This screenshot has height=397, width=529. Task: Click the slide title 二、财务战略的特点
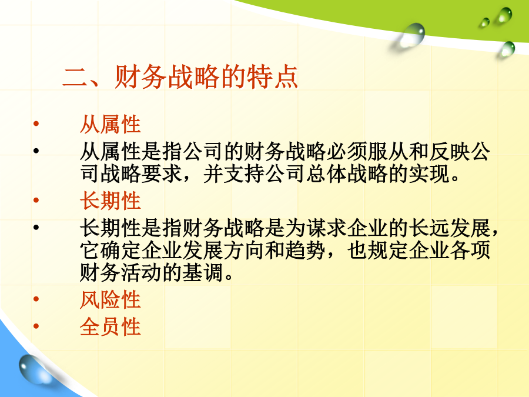180,77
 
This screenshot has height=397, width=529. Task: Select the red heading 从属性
111,124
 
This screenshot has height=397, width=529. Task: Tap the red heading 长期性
111,201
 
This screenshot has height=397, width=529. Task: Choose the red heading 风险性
111,299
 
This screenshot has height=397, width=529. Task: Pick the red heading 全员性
111,326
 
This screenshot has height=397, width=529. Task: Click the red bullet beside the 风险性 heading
36,299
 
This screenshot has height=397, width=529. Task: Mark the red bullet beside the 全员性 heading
36,326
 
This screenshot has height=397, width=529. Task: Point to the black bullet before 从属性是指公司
36,151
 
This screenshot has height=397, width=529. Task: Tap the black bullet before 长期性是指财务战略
36,227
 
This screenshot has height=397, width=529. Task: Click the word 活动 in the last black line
141,272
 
